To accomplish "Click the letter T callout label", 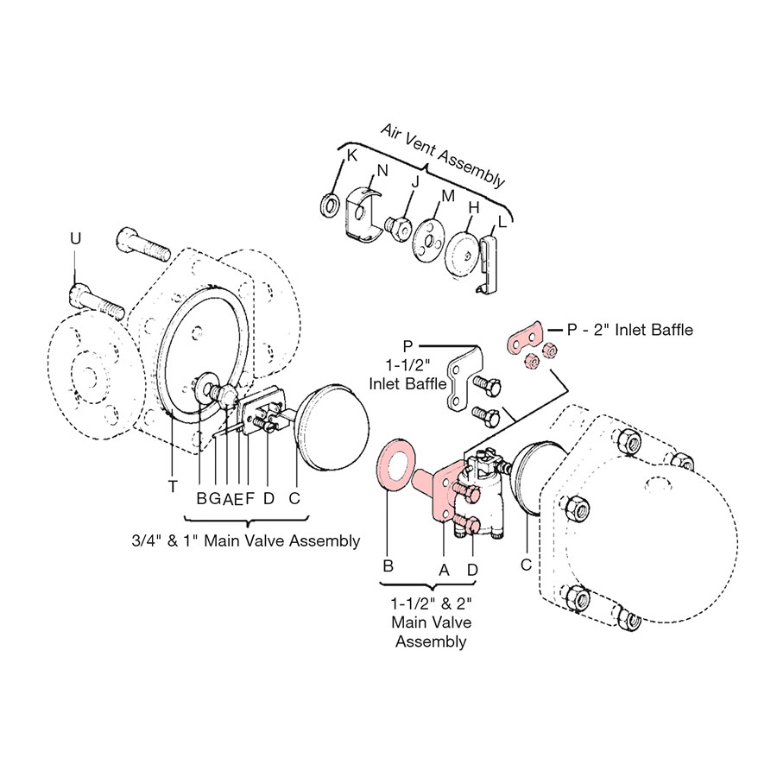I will tap(173, 487).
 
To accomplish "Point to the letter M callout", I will tap(447, 196).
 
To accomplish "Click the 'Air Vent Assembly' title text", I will tap(442, 154).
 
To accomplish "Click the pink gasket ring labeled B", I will tap(395, 471).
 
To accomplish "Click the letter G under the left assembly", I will tap(214, 498).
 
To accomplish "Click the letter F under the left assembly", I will tap(250, 498).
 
